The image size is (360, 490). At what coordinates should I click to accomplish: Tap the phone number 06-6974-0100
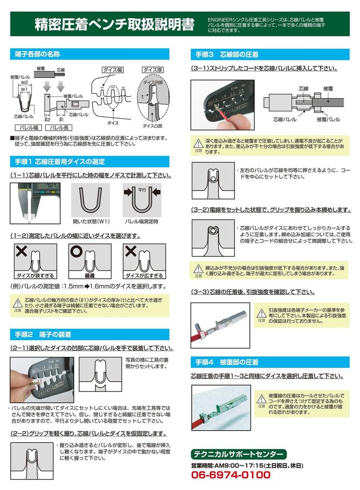click(230, 475)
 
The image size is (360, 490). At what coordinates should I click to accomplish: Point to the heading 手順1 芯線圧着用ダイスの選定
click(60, 161)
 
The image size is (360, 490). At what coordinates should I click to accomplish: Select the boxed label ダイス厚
click(153, 69)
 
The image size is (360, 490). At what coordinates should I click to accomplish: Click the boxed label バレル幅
click(29, 128)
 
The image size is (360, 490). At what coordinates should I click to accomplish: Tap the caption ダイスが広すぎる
click(144, 276)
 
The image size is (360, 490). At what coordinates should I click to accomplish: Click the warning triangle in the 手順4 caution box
click(261, 398)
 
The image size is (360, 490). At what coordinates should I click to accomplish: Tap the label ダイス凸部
click(153, 126)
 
